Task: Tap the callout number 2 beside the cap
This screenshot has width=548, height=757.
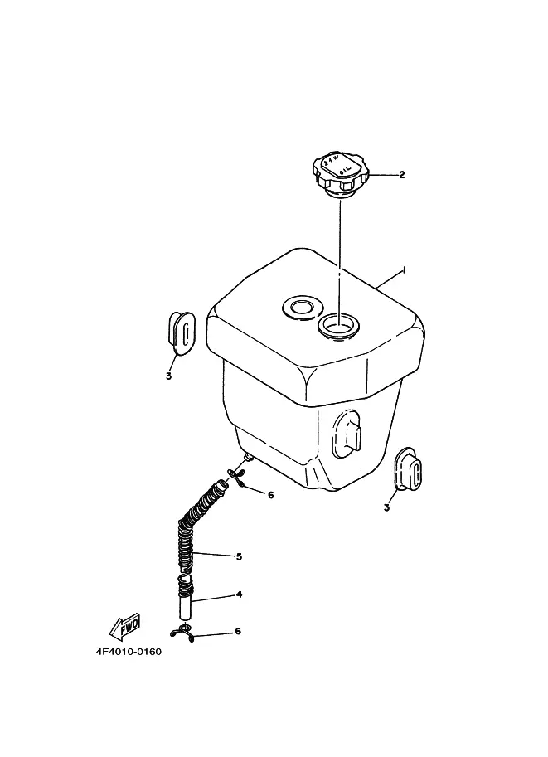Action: tap(402, 175)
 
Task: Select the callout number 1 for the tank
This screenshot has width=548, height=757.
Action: tap(403, 269)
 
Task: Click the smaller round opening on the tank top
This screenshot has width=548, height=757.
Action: tap(298, 308)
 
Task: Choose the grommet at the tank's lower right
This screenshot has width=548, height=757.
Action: tap(410, 469)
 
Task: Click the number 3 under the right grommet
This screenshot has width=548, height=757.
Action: tap(386, 507)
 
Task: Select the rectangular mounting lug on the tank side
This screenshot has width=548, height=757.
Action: tap(349, 434)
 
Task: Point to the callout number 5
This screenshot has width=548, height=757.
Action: tap(239, 556)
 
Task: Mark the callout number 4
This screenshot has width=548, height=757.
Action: tap(239, 594)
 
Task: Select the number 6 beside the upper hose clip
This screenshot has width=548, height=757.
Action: tap(270, 495)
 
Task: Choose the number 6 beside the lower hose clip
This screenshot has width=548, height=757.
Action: tap(238, 632)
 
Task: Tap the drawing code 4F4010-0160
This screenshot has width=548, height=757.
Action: tap(129, 651)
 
